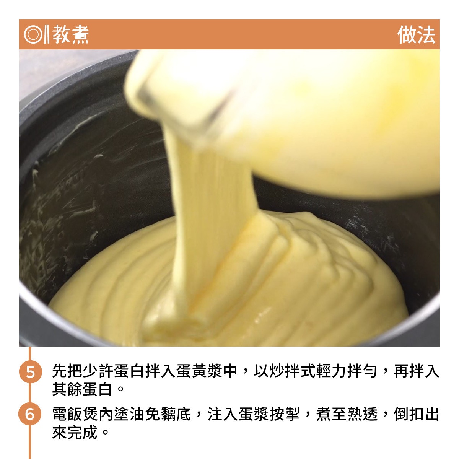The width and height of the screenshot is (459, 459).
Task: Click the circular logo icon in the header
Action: coord(33,34)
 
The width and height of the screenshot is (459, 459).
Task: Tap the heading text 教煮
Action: coord(70,34)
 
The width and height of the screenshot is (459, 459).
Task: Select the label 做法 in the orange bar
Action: coord(417,34)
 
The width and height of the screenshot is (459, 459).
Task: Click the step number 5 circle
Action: coord(31,371)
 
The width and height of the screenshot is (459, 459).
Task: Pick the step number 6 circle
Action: coord(30,414)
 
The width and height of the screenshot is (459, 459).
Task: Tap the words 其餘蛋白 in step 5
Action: coord(82,389)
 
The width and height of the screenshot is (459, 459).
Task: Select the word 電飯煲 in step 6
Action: coord(75,414)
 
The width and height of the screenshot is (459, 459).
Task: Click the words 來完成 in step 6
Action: coord(75,432)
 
